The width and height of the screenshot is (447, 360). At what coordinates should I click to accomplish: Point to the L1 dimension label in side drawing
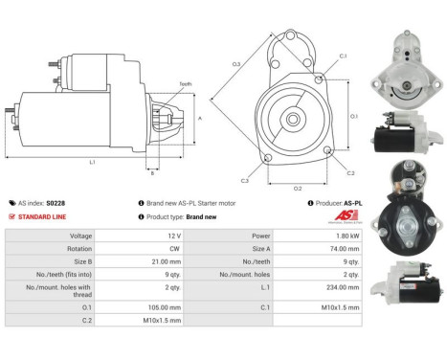point(92,163)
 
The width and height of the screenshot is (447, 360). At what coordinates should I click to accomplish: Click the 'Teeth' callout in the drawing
point(186,85)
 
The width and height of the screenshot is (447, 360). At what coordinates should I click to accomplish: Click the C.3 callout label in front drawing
point(245,180)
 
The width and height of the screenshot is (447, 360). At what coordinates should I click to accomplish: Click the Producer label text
point(337,203)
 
